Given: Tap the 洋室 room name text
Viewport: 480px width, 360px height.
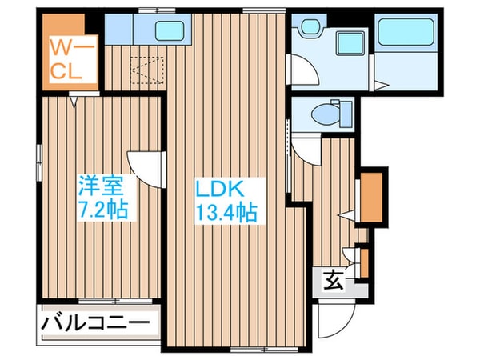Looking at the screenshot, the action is coord(102,186).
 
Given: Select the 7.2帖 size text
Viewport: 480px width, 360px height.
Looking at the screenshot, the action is coord(103,209).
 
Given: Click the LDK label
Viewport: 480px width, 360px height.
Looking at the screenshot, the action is coord(220,189).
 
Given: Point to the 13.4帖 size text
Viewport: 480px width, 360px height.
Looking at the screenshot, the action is coord(226,212).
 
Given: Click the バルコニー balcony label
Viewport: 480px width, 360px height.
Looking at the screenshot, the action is coord(95,322).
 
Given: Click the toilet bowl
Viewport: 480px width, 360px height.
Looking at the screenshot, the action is coord(325,114).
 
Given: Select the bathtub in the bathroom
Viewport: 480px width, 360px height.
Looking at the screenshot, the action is coord(406,32).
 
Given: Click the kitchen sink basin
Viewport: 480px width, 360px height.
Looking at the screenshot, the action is coord(170,30).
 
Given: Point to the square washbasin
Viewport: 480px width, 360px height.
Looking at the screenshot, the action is coord(351,43).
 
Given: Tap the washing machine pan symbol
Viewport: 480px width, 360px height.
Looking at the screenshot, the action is coord(310,26).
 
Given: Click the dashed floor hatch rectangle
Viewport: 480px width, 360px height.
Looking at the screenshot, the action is coord(147,70).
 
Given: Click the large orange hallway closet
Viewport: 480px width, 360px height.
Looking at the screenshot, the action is coord(372,197).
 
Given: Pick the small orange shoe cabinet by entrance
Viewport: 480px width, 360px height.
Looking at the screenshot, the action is coord(364,263).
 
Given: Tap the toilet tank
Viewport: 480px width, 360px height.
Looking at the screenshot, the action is coord(346,114).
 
